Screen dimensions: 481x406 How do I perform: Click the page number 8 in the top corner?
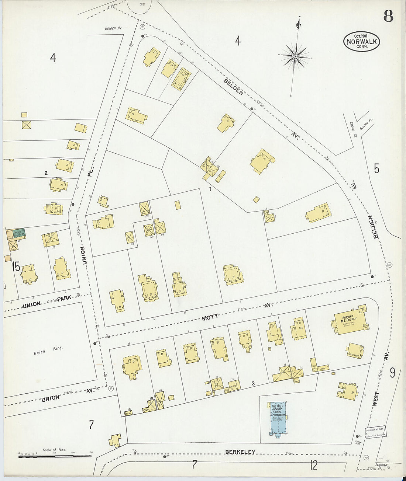tap(388, 17)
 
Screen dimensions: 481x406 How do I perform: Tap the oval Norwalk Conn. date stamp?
tap(361, 41)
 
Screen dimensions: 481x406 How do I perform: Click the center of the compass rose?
tap(295, 56)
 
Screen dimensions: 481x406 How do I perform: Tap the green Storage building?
tap(18, 233)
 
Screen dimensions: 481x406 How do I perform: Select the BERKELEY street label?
tap(240, 452)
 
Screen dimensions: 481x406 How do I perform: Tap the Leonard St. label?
tap(383, 466)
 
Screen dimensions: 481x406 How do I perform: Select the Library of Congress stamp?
tap(376, 432)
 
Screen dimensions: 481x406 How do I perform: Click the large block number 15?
tap(16, 266)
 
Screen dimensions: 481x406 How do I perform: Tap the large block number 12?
tap(313, 466)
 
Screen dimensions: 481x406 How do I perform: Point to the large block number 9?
tap(392, 373)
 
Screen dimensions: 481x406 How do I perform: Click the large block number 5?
tap(376, 168)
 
